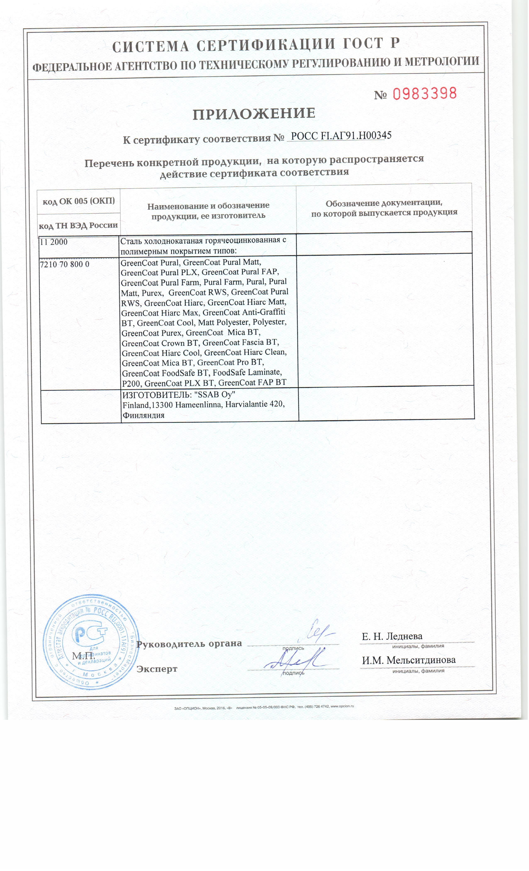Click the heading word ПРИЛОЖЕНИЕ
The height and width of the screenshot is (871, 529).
coord(254,114)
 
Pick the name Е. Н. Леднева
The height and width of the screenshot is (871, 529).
coord(392,636)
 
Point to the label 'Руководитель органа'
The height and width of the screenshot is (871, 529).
coord(189,644)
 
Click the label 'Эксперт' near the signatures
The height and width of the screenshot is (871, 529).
coord(157,669)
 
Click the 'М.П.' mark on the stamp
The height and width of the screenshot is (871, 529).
coord(83,656)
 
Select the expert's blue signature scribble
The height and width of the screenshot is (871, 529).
coord(294,660)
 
